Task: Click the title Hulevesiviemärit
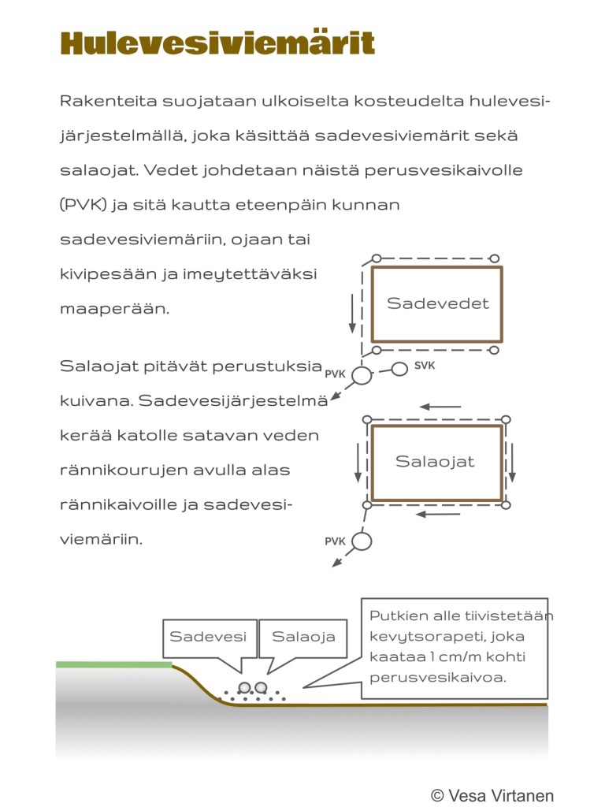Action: [x=217, y=44]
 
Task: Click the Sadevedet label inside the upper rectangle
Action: [x=437, y=303]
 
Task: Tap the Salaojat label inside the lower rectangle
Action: [x=435, y=462]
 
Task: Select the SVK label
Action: [x=425, y=366]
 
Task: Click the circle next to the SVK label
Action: [x=399, y=368]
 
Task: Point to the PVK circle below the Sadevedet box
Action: [x=361, y=376]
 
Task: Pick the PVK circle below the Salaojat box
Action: [x=361, y=541]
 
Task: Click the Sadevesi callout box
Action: [x=209, y=637]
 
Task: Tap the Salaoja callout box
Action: [x=303, y=637]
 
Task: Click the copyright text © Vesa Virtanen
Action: [x=492, y=795]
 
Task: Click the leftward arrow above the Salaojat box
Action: [x=440, y=407]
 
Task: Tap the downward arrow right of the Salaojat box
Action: [x=512, y=463]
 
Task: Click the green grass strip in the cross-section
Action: [x=113, y=664]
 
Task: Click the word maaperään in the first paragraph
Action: [x=114, y=308]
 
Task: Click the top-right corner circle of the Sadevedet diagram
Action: [x=495, y=258]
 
